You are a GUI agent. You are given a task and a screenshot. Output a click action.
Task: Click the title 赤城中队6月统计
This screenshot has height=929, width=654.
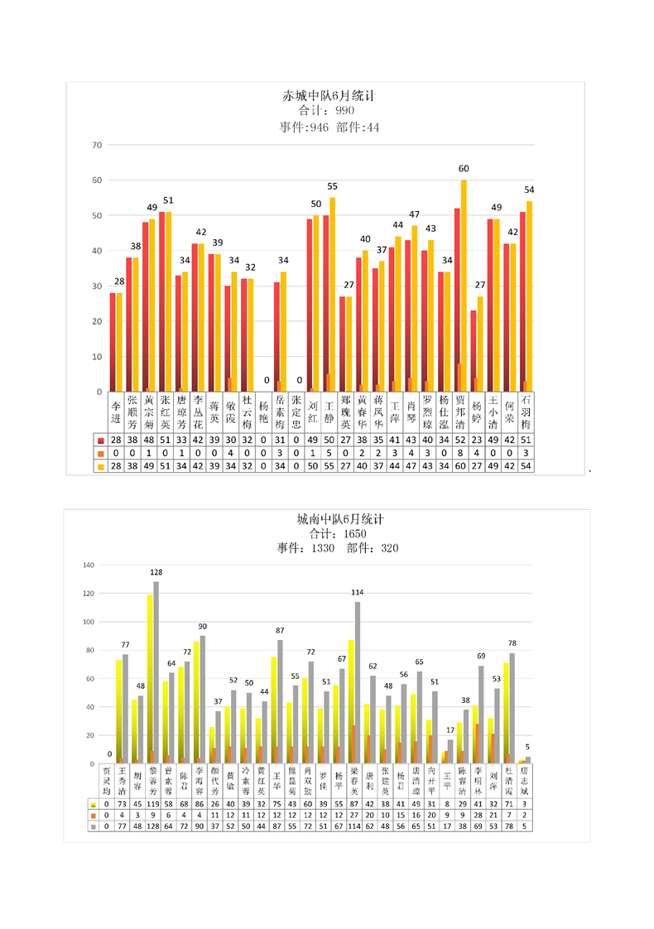[329, 96]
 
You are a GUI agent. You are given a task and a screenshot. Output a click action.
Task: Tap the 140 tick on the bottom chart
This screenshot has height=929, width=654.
[90, 566]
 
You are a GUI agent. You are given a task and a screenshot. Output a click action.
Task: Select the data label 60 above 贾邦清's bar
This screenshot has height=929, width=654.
[464, 169]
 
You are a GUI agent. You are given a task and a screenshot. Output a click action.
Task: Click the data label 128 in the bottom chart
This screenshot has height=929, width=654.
[156, 572]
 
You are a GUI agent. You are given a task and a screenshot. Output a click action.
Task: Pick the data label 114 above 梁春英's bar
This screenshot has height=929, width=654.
[357, 592]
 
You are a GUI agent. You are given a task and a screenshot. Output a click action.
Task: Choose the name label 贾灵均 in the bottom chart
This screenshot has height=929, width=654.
[107, 778]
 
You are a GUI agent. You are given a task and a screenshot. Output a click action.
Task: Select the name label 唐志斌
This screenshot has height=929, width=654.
[524, 778]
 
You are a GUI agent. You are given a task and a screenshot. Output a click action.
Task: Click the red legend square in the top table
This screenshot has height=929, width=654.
[100, 439]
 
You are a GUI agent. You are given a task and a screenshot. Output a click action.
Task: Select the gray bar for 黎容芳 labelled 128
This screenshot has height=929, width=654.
[156, 671]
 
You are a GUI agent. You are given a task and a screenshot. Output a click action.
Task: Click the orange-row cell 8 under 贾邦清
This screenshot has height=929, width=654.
[459, 453]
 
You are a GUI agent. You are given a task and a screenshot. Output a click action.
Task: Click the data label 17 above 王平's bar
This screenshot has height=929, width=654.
[450, 730]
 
